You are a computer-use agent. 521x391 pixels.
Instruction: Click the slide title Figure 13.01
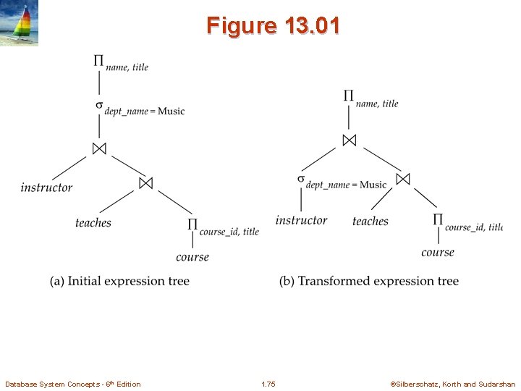tap(272, 25)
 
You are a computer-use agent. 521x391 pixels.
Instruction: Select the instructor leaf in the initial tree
tap(46, 188)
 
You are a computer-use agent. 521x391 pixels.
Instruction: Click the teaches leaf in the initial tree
tap(93, 222)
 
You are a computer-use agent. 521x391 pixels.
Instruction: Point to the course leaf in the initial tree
tap(192, 256)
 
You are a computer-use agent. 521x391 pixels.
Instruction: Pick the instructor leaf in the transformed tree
tap(301, 220)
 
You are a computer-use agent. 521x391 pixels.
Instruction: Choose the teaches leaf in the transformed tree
tap(370, 221)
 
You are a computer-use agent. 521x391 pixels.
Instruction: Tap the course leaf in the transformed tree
tap(438, 252)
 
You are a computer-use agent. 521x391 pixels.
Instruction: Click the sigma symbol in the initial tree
tap(99, 105)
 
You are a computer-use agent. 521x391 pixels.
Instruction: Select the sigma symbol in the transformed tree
tap(300, 179)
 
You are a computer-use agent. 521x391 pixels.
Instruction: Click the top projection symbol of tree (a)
tap(98, 61)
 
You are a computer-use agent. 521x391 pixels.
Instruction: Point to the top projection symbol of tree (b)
tap(348, 96)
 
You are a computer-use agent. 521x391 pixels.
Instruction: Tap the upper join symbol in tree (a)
tap(99, 148)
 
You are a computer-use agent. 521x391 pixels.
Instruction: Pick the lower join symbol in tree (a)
tap(146, 183)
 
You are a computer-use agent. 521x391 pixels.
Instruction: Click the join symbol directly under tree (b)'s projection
tap(350, 139)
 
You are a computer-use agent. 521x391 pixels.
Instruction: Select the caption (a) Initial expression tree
tap(119, 281)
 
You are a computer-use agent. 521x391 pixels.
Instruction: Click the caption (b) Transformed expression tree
tap(369, 281)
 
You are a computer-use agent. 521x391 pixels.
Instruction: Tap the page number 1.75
tap(268, 384)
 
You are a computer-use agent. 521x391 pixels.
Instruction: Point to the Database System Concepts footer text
tap(73, 384)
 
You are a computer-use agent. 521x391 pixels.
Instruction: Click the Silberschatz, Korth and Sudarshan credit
tap(453, 384)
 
